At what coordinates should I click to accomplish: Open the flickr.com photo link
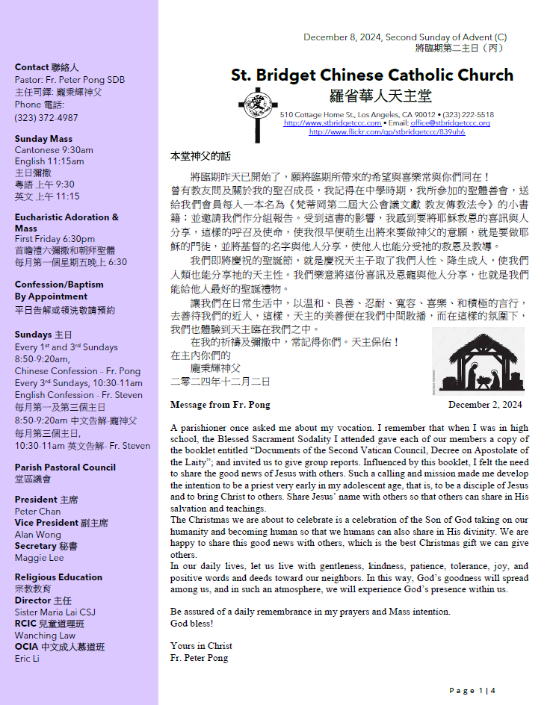386,132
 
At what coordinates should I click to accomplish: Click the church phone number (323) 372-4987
46,118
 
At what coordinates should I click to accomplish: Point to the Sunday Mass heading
43,139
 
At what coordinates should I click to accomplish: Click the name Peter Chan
37,512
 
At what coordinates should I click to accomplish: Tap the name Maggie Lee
40,558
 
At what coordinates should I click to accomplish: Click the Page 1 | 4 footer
472,691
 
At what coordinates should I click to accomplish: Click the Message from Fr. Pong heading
220,405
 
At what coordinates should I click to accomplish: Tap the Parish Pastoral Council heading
65,468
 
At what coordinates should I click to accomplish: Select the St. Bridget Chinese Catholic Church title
372,75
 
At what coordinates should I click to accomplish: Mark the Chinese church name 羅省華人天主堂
380,96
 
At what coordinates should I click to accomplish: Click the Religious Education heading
58,577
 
